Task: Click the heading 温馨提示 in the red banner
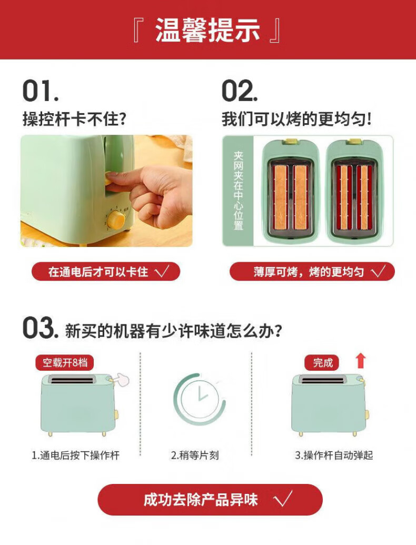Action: (x=207, y=30)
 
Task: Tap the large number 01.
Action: (x=41, y=91)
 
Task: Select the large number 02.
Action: (x=240, y=91)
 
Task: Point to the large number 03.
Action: (x=41, y=328)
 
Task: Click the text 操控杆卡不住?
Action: (x=74, y=119)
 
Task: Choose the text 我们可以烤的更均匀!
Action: (x=297, y=119)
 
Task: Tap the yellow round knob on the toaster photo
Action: (x=116, y=220)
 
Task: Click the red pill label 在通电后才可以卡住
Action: (x=106, y=272)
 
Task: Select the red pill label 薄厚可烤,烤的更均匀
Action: (x=312, y=272)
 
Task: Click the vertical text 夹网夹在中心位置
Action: (x=239, y=191)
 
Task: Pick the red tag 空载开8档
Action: (x=65, y=363)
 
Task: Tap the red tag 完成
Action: (x=322, y=363)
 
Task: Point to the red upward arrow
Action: (x=361, y=361)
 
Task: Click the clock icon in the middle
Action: (x=200, y=399)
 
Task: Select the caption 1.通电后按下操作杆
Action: (x=75, y=455)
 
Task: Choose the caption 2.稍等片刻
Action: (x=195, y=455)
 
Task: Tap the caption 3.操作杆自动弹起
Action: (x=334, y=455)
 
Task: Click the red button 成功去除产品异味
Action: (x=210, y=500)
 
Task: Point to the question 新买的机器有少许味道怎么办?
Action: (x=173, y=330)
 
